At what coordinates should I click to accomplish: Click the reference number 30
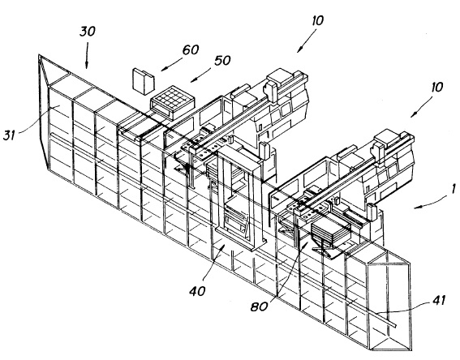(x=88, y=31)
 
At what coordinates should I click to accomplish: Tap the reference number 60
(x=191, y=49)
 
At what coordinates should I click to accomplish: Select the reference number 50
(x=222, y=60)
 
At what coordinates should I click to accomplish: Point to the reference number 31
(x=9, y=135)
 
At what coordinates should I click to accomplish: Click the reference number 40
(x=197, y=291)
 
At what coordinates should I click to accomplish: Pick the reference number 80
(x=260, y=306)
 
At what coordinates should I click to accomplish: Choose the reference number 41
(x=439, y=300)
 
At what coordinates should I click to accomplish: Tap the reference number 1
(x=453, y=189)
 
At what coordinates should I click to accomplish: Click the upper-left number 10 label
(x=318, y=20)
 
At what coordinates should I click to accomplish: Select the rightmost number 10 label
(x=436, y=87)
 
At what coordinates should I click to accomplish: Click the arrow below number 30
(x=87, y=56)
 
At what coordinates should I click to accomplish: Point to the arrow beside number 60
(x=172, y=65)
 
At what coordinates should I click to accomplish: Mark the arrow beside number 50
(x=201, y=75)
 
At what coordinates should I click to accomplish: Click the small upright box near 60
(x=143, y=82)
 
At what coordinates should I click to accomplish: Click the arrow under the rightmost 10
(x=421, y=106)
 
